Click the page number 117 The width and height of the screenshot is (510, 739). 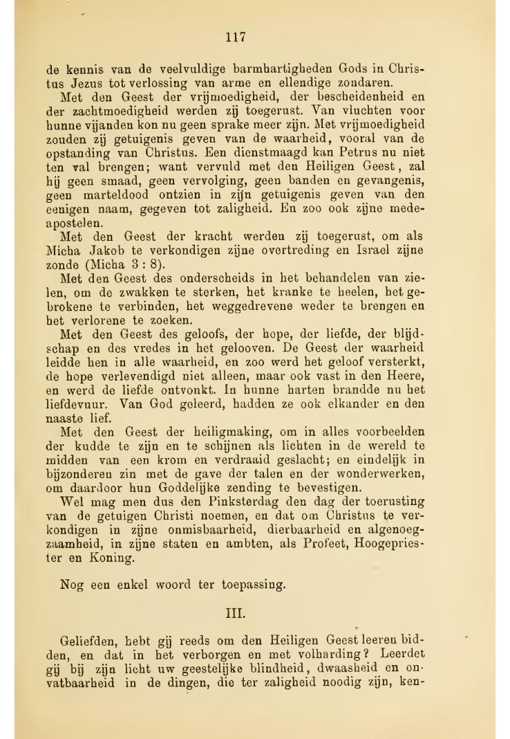coord(236,37)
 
